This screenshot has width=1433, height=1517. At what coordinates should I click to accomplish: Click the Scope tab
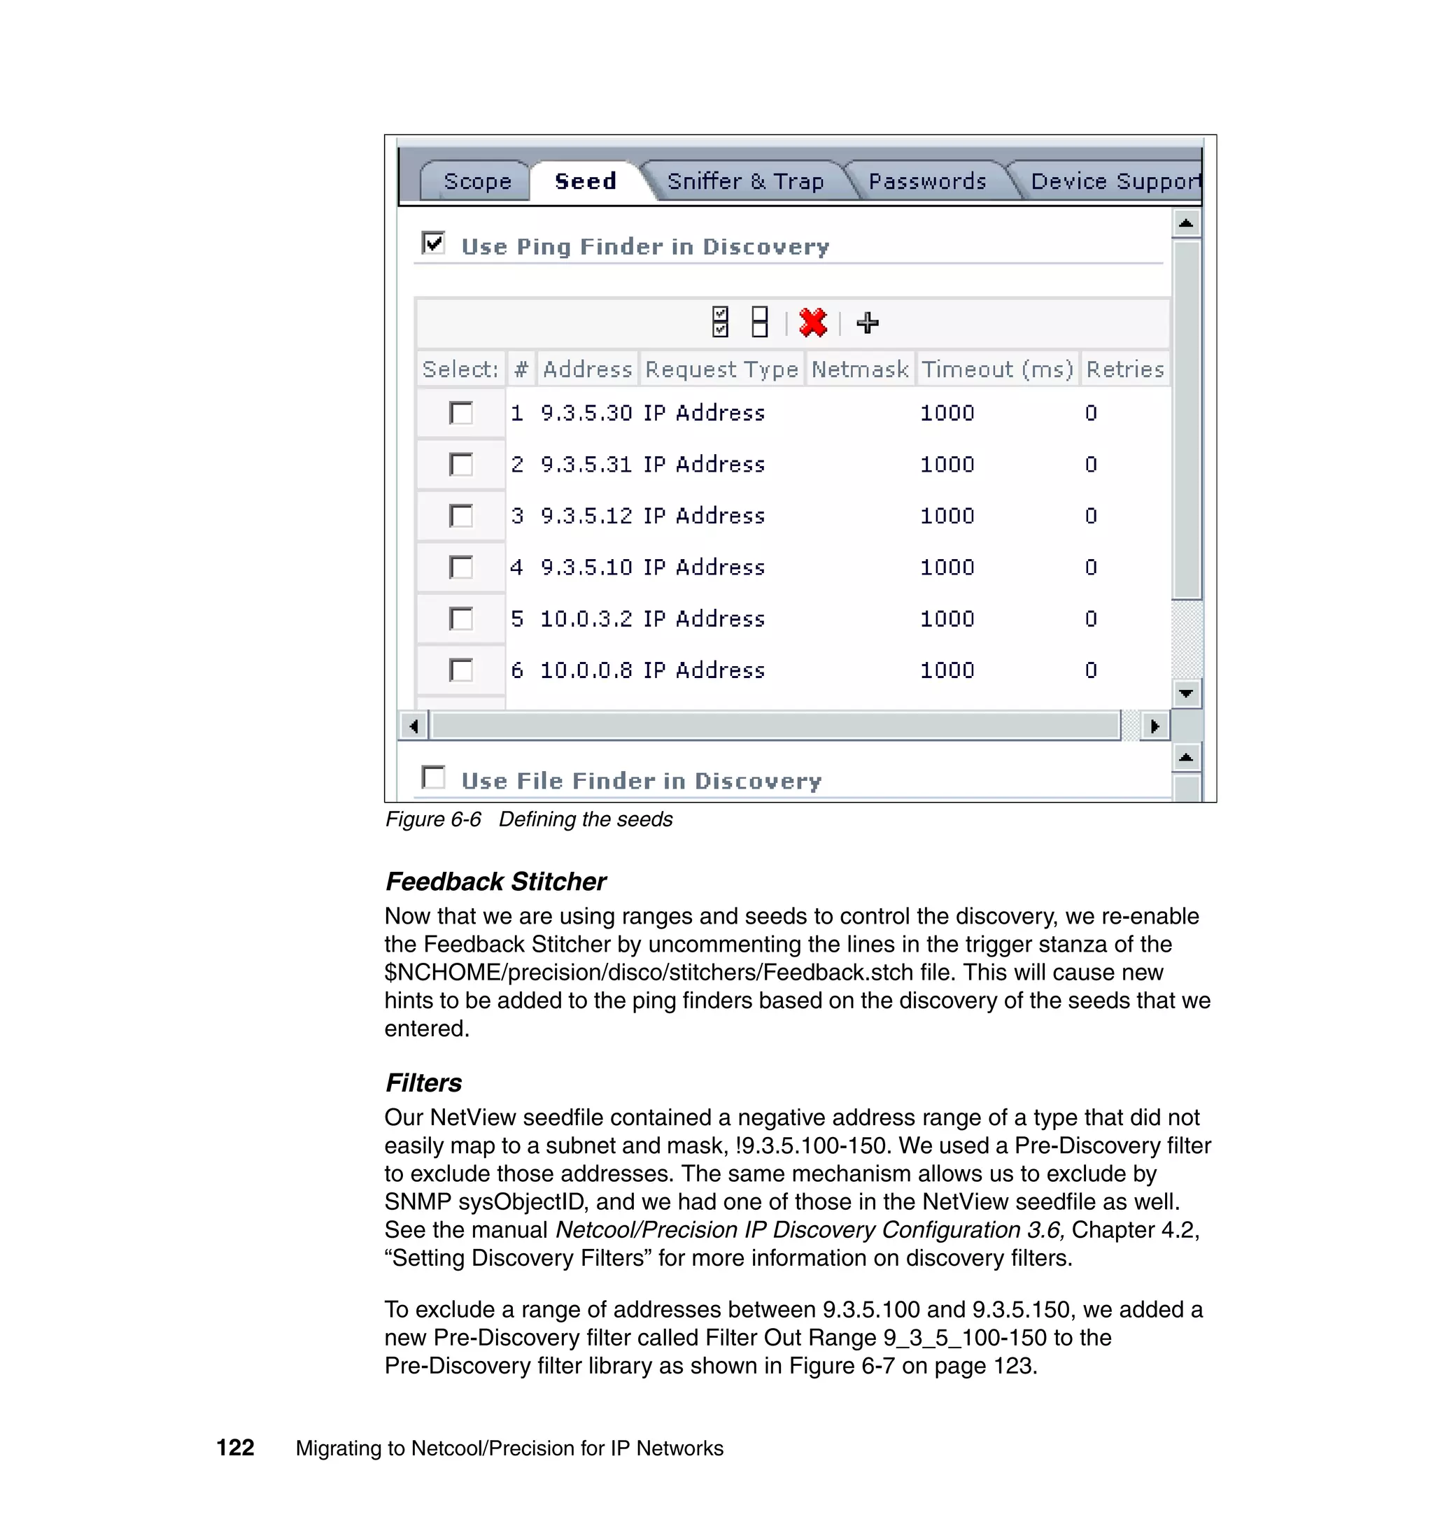click(477, 182)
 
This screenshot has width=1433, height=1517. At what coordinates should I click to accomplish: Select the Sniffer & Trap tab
click(744, 182)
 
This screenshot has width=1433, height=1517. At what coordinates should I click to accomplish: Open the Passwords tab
click(926, 182)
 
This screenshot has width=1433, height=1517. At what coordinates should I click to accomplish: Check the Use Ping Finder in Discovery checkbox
click(433, 244)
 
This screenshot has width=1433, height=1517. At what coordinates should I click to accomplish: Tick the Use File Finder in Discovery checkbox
click(433, 777)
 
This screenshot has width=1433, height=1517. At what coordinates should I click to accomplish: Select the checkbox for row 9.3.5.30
click(460, 414)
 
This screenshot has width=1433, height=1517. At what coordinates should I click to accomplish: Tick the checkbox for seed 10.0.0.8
click(460, 670)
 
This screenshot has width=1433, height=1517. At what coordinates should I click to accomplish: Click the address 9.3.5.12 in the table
click(586, 516)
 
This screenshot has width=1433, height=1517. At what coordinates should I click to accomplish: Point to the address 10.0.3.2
click(586, 619)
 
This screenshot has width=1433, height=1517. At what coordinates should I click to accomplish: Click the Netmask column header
click(859, 369)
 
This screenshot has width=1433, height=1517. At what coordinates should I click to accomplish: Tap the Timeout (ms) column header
click(997, 369)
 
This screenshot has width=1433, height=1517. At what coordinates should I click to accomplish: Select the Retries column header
click(1124, 369)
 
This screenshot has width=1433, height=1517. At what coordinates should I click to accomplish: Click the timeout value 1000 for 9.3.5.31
click(947, 465)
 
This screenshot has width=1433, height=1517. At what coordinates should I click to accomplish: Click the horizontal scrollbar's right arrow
click(1155, 726)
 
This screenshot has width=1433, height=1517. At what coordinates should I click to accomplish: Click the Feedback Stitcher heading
click(495, 882)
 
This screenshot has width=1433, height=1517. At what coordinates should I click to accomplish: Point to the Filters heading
click(423, 1083)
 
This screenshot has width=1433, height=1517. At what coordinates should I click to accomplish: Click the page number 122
click(235, 1448)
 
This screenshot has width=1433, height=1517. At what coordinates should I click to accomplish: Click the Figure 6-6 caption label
click(433, 819)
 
